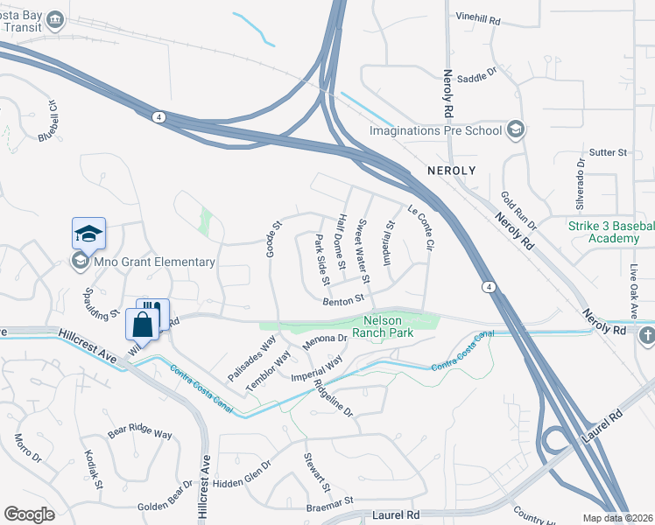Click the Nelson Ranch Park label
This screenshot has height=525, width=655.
pos(394,326)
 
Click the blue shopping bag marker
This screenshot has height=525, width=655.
pos(143,325)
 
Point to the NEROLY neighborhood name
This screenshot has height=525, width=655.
pos(450,169)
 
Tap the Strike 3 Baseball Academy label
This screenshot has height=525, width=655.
pos(610,233)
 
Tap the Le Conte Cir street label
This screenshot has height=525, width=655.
pos(421,224)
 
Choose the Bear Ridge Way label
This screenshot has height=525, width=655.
pos(140,431)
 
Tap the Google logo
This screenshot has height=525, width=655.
pos(30,514)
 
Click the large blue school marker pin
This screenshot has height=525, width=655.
pos(88,234)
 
